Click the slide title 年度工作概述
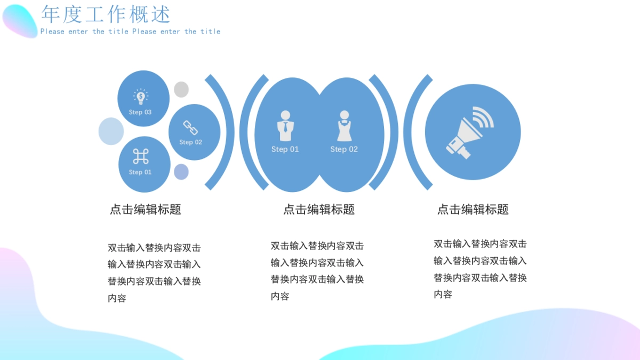coord(106,14)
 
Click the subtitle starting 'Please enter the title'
coord(130,31)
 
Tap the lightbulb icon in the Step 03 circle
coord(140,97)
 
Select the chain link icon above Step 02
coord(190,128)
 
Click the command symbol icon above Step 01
coord(140,157)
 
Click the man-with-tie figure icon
coord(285,126)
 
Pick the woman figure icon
coord(344,126)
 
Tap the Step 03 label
coord(140,113)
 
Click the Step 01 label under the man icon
coord(285,149)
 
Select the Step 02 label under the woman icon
coord(344,149)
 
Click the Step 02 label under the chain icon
coord(190,142)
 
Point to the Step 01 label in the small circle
coord(140,172)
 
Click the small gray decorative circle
coord(181,90)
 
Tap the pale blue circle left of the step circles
coord(111,131)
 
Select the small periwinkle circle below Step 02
coord(181,172)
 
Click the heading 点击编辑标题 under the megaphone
coord(473,210)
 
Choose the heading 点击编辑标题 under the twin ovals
coord(319,210)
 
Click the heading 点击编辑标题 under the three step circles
coord(146,210)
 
